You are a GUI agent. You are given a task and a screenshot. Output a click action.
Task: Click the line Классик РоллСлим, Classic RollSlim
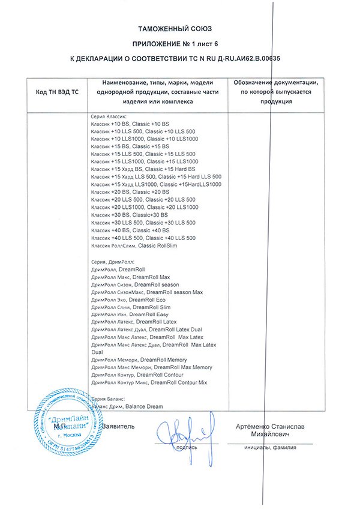click(x=134, y=246)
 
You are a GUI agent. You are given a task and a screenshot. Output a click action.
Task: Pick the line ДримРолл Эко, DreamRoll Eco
click(x=128, y=300)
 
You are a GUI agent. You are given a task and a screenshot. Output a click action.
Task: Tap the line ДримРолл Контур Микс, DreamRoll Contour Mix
click(x=149, y=382)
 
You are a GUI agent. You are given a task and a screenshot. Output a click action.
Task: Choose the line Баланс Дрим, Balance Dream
click(x=127, y=406)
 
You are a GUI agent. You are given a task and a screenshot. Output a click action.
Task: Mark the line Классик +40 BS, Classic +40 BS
click(x=130, y=230)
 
